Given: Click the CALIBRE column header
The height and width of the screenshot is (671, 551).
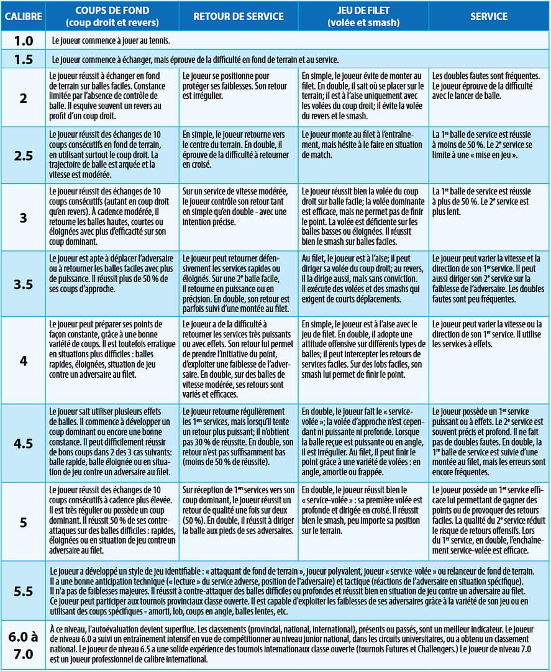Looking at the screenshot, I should point(23,17).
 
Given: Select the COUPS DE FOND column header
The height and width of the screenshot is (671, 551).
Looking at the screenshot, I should point(112,17).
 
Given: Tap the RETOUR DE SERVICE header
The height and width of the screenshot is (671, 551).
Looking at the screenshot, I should point(238,17).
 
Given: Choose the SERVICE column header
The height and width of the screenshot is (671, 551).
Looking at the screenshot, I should point(489,17).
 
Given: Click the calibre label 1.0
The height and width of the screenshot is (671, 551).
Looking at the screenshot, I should point(23,40).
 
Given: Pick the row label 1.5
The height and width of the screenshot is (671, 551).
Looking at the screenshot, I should point(23,60).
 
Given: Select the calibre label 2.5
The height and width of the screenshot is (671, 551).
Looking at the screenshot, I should point(23,156).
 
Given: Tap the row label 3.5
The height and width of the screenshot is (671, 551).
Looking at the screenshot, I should point(23,284).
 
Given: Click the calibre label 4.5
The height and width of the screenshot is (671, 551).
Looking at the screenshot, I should point(23,443).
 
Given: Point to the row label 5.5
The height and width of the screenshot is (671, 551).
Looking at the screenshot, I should point(23,591).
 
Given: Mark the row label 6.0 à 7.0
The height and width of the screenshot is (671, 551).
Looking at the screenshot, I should point(23,644).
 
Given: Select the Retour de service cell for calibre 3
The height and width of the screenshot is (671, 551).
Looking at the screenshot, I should point(238,217).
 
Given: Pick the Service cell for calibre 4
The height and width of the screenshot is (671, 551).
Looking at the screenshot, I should point(489,360).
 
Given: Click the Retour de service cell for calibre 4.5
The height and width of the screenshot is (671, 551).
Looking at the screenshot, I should point(238,443).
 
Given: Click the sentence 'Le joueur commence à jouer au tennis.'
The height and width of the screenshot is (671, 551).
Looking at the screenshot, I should point(112,40).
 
